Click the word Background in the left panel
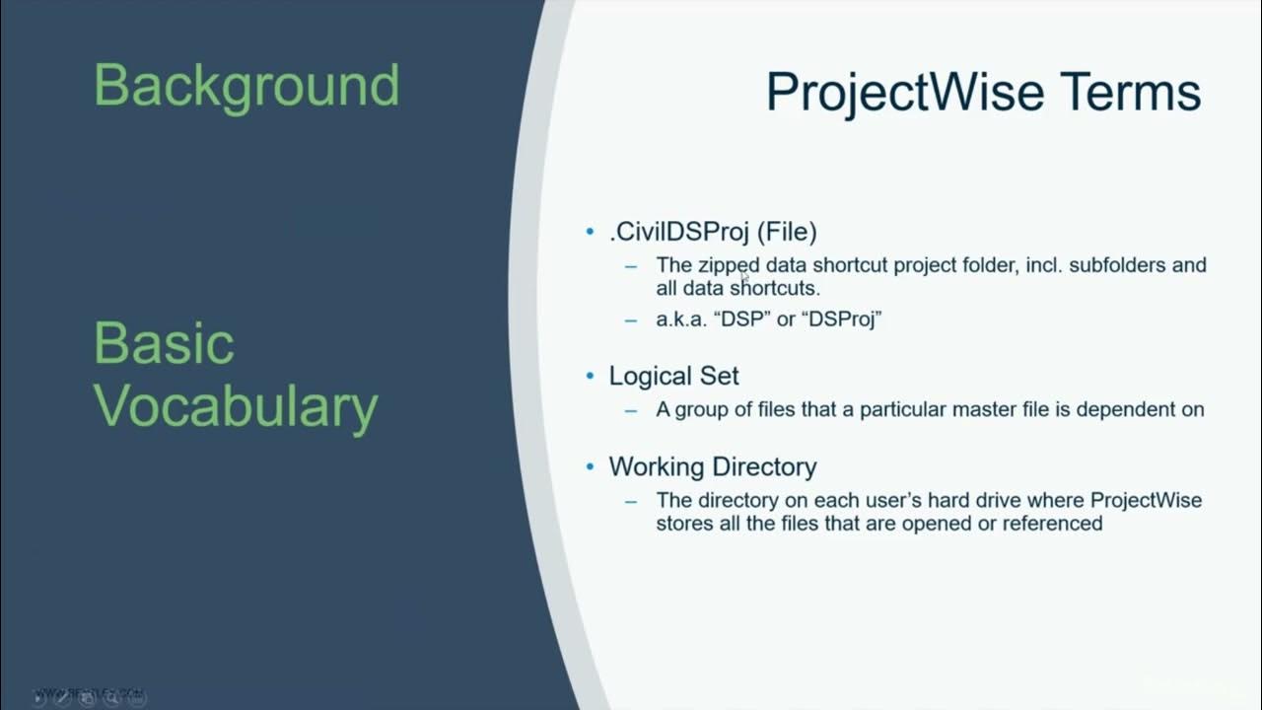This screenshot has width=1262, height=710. (x=246, y=87)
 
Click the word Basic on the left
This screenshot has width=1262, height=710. (x=164, y=344)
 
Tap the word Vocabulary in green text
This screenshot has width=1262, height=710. (x=236, y=406)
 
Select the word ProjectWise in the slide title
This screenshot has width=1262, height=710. (x=904, y=92)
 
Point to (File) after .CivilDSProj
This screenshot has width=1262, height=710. (x=787, y=232)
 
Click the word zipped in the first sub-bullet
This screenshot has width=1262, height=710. (x=729, y=265)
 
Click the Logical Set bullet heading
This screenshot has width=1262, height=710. (x=673, y=376)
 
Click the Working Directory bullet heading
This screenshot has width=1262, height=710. (x=712, y=466)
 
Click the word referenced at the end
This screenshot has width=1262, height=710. (x=1052, y=524)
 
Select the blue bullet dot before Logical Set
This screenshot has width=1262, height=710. (x=591, y=376)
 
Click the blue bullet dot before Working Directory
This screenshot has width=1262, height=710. (x=591, y=466)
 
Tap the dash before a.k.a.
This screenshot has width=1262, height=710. (x=631, y=319)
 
